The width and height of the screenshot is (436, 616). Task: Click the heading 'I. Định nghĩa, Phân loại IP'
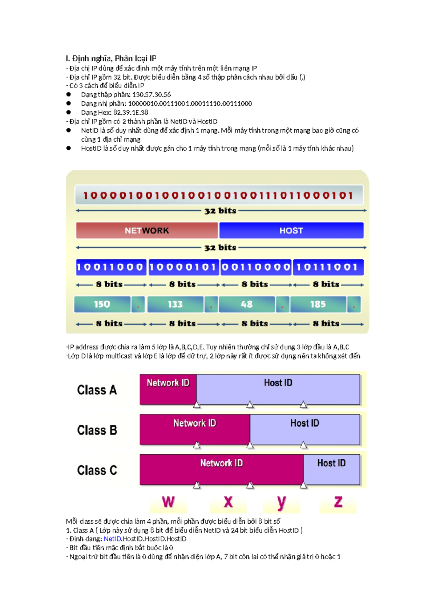111,58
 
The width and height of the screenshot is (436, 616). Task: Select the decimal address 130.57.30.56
149,95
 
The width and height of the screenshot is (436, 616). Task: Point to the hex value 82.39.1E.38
131,113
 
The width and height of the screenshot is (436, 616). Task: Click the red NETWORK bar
147,231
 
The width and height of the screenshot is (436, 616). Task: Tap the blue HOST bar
291,231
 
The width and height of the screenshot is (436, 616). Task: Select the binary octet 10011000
110,268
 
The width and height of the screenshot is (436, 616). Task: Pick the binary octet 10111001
328,268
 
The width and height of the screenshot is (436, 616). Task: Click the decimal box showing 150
102,304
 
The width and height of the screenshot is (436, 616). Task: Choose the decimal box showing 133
175,304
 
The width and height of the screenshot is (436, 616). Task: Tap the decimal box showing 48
247,304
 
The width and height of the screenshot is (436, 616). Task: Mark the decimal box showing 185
318,304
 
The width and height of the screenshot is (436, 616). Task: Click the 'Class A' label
97,390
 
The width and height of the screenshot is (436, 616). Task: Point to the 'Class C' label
97,470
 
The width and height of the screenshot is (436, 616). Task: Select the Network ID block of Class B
195,429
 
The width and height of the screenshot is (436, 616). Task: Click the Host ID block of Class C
331,469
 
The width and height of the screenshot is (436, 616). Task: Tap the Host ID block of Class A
278,389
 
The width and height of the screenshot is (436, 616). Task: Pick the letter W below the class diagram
168,502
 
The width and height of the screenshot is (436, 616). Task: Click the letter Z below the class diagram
338,502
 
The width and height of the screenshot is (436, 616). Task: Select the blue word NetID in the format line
112,539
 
